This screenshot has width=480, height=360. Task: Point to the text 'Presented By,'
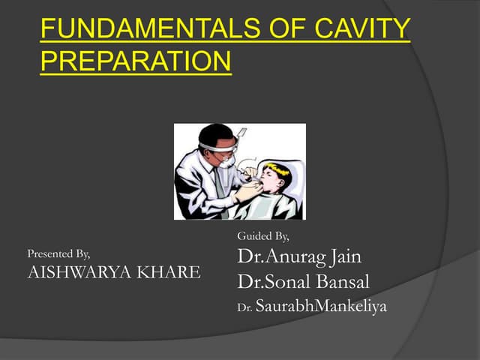58,253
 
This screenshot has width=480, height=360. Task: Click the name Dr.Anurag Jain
299,257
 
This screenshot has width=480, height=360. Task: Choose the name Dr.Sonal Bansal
303,283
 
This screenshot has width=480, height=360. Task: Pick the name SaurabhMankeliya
321,307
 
